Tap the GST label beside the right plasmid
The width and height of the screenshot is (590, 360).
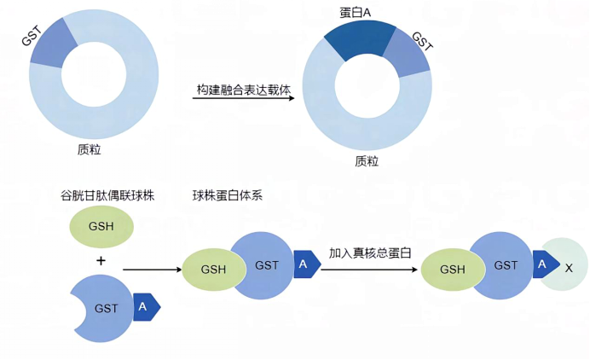(x=421, y=42)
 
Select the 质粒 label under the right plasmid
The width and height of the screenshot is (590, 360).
(x=367, y=160)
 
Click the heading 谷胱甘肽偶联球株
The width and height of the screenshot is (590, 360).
(x=105, y=195)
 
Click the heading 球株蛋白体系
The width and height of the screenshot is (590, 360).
(x=227, y=195)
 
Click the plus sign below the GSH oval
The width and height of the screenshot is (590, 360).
(x=101, y=260)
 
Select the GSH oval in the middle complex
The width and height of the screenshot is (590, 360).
(x=211, y=269)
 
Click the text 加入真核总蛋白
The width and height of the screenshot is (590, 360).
(x=370, y=253)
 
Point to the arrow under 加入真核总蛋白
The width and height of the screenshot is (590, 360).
(x=369, y=270)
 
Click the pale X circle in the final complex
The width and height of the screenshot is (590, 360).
(x=566, y=267)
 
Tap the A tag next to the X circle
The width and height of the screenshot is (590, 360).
(x=542, y=265)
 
